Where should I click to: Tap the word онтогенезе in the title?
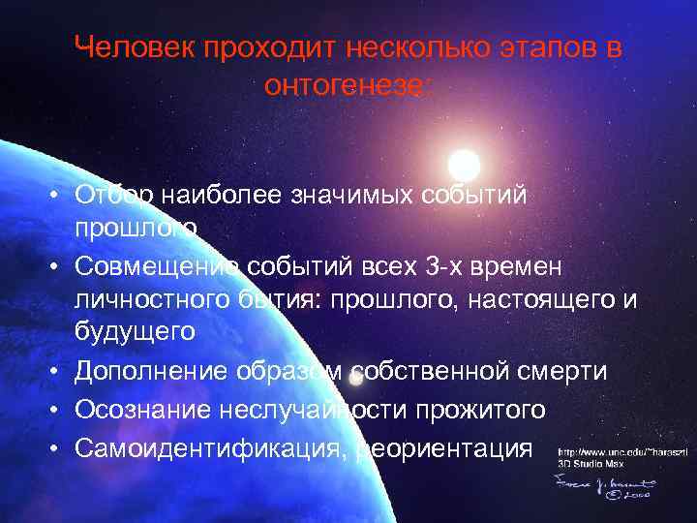tap(348, 85)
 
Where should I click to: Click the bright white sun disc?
tap(465, 164)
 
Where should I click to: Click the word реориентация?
tap(445, 448)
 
